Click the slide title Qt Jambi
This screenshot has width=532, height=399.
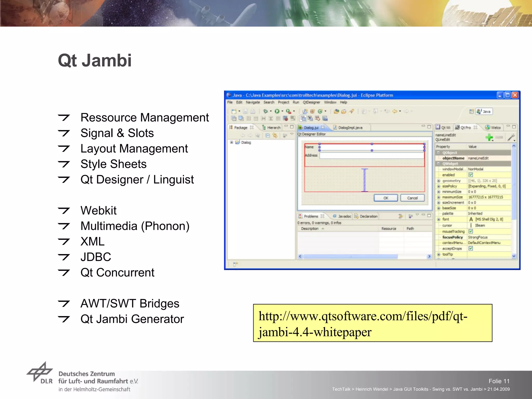click(x=95, y=61)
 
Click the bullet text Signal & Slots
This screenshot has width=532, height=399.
click(x=117, y=133)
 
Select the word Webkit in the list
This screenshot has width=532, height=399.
click(x=98, y=210)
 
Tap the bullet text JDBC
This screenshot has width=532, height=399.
click(x=96, y=257)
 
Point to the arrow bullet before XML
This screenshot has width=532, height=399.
click(x=64, y=242)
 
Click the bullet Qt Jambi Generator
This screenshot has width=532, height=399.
click(x=132, y=319)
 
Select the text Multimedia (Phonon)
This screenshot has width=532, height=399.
click(x=135, y=226)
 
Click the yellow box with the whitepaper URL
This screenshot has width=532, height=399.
click(x=373, y=323)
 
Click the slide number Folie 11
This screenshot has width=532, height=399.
click(x=499, y=381)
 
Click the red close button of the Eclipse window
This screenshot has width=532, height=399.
click(x=515, y=95)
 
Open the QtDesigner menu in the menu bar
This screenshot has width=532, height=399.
click(x=311, y=102)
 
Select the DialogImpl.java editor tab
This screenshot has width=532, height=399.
click(x=350, y=128)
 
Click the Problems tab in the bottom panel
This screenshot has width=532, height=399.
click(x=311, y=216)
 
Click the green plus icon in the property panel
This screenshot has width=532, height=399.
click(x=489, y=137)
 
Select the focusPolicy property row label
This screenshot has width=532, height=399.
click(x=452, y=237)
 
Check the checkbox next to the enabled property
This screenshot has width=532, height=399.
click(x=471, y=175)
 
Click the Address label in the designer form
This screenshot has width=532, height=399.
click(x=311, y=155)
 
